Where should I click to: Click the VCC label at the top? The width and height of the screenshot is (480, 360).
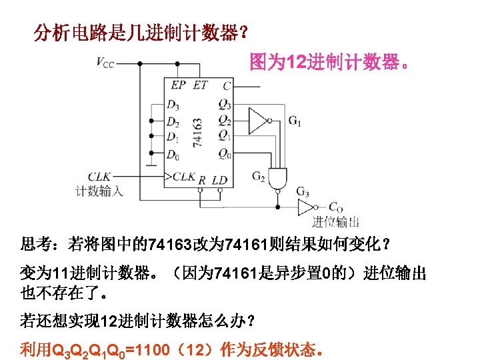[x=105, y=63]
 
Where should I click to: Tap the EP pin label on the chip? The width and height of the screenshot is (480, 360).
[x=178, y=85]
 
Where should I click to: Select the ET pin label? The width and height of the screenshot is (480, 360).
[x=200, y=85]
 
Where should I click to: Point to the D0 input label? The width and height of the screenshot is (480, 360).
[x=173, y=155]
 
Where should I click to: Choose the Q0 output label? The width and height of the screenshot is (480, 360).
[x=224, y=155]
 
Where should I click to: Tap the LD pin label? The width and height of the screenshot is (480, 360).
[x=220, y=180]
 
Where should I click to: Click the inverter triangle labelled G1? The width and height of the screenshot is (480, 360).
[x=257, y=121]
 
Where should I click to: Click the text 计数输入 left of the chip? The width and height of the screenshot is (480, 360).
[x=99, y=191]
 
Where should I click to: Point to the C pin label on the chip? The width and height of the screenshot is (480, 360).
[x=227, y=85]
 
